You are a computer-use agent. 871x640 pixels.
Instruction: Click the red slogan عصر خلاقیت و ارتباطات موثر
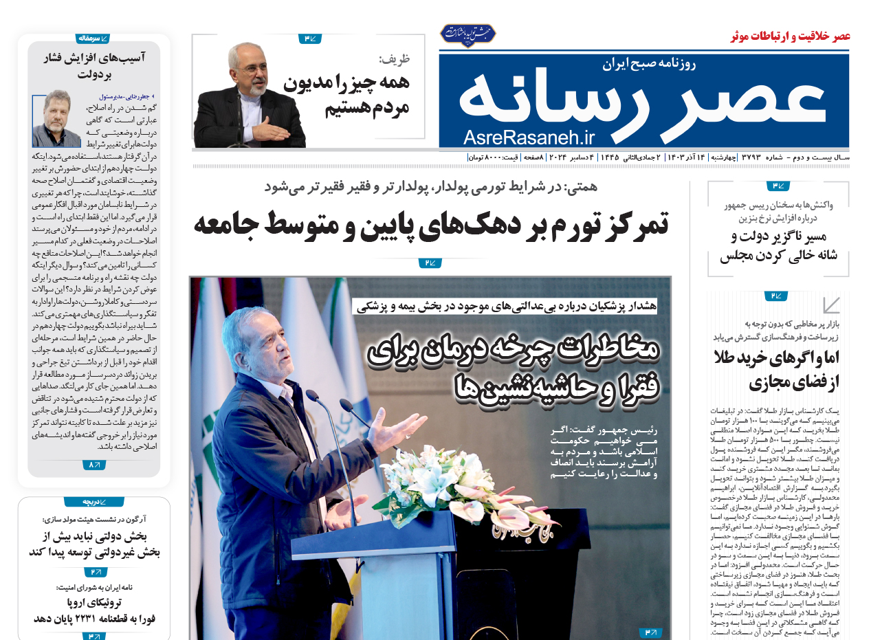tap(790, 36)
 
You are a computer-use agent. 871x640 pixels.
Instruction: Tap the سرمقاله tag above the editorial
tap(93, 38)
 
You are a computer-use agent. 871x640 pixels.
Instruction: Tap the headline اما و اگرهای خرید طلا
tap(776, 369)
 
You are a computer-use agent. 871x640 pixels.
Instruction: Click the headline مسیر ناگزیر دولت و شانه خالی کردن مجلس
tap(779, 246)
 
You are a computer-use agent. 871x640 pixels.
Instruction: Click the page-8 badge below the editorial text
tap(94, 465)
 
